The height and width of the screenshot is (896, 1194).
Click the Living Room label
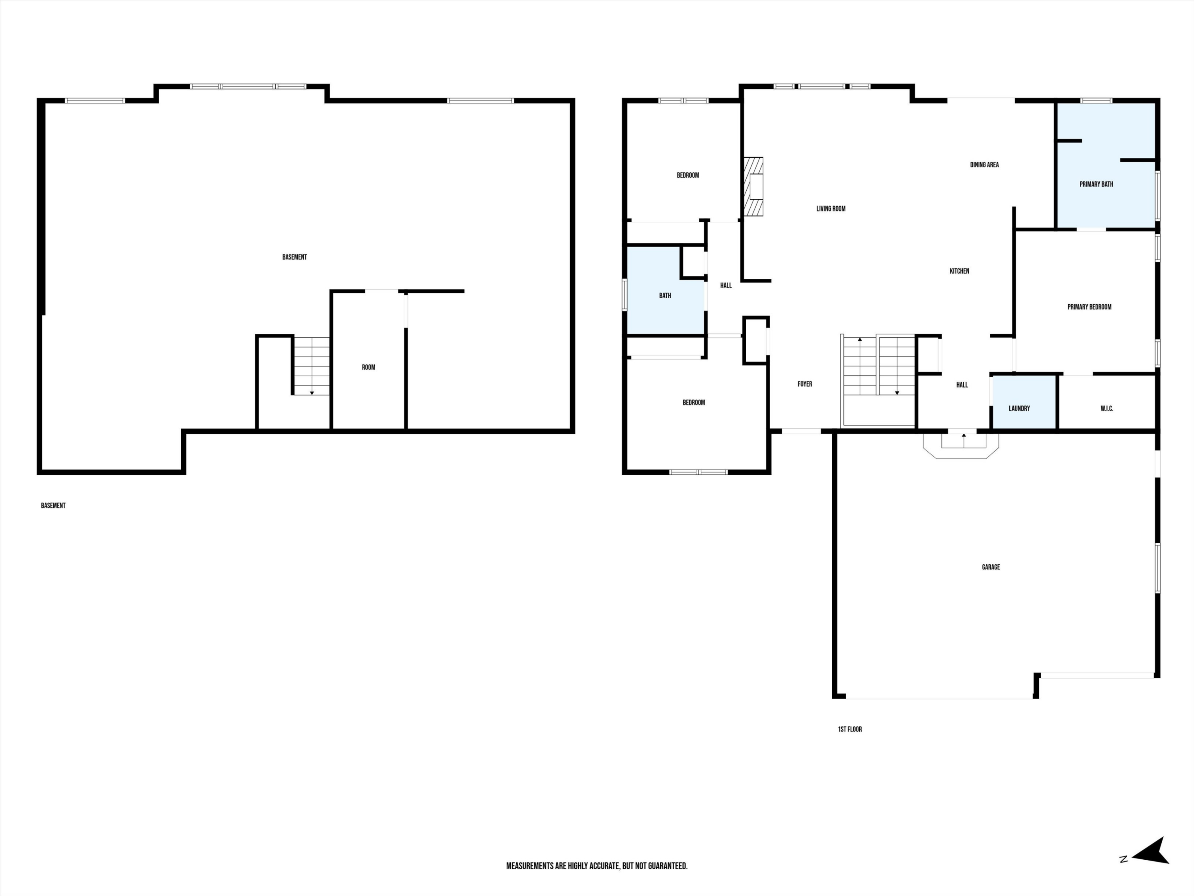pos(831,209)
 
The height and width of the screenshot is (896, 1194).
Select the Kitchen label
pos(959,271)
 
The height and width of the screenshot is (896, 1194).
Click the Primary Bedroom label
pos(1089,307)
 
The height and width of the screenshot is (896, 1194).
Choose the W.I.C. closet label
pos(1106,408)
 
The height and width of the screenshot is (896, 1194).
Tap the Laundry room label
pos(1019,408)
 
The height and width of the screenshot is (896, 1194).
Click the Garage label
pos(991,567)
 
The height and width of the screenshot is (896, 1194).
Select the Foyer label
pos(805,384)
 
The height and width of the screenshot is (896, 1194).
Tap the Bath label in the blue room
pos(665,295)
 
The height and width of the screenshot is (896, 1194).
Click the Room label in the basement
pos(368,367)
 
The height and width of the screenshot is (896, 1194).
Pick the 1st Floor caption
pos(850,729)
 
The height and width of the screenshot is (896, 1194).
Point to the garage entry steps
pos(961,444)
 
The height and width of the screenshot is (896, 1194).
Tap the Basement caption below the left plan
pos(53,505)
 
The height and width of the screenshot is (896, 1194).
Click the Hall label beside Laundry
pos(962,385)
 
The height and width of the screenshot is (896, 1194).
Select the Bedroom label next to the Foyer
pos(694,402)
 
